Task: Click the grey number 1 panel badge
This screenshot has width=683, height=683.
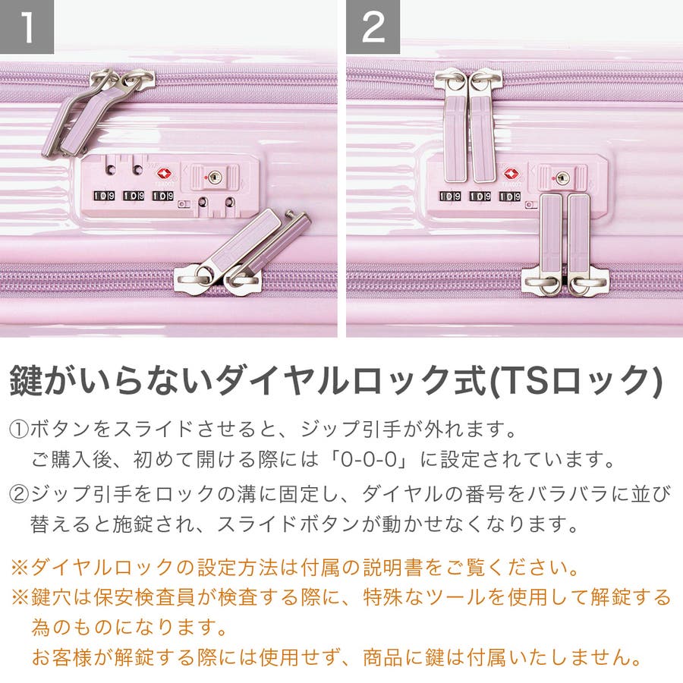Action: tap(27, 27)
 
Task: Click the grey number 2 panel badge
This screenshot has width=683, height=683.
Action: tap(373, 27)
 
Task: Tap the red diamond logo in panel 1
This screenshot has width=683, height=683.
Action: tap(164, 175)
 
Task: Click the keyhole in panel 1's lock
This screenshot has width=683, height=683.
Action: tap(214, 178)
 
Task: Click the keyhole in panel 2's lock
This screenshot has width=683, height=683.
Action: tap(562, 178)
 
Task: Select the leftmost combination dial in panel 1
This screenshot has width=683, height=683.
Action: tap(105, 196)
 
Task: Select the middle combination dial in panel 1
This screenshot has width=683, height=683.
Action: tap(134, 196)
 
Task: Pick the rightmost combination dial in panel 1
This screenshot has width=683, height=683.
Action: tap(163, 196)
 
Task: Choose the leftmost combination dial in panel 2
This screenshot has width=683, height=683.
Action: tap(450, 197)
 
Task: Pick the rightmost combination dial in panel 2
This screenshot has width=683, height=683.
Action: tap(510, 197)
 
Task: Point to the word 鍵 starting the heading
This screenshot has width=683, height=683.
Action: tap(26, 380)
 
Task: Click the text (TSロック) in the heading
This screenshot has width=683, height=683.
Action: tap(576, 381)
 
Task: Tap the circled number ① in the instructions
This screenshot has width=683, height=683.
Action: tap(19, 430)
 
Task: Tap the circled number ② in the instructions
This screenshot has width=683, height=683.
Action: tap(19, 494)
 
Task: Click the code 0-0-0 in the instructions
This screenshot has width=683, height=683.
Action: tap(369, 460)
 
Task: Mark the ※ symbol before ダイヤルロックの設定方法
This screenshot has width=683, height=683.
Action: tap(20, 568)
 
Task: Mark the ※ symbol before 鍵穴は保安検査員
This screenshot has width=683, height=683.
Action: tap(20, 597)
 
